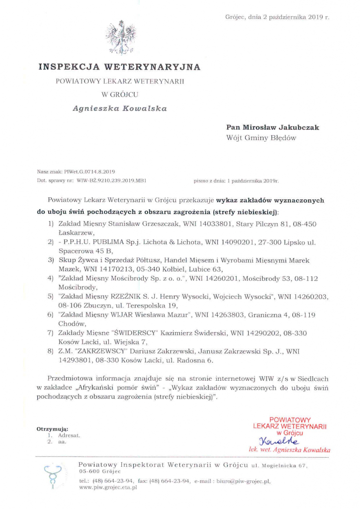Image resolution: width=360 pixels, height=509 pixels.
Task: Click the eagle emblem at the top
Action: point(119,37)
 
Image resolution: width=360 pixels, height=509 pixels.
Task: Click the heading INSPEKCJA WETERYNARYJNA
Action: point(119,66)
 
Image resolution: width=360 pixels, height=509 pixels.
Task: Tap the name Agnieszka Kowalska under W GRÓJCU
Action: point(119,107)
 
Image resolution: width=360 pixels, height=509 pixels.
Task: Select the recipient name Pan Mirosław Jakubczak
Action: point(272,127)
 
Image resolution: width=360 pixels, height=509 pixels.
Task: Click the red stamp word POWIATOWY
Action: point(290,420)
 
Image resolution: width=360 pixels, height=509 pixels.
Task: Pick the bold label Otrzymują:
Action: point(52,428)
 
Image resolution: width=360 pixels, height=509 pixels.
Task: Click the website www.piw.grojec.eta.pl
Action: point(108,488)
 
